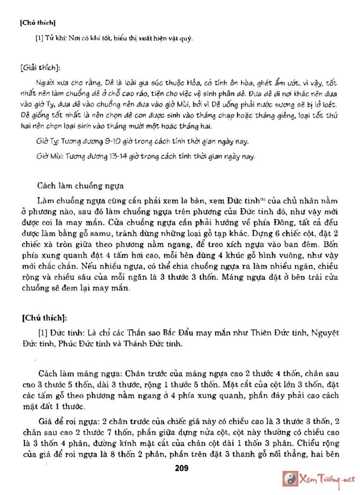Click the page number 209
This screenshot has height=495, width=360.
pos(180,468)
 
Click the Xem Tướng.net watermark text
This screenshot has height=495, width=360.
pos(327,479)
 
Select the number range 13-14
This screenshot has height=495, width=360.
pos(107,156)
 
